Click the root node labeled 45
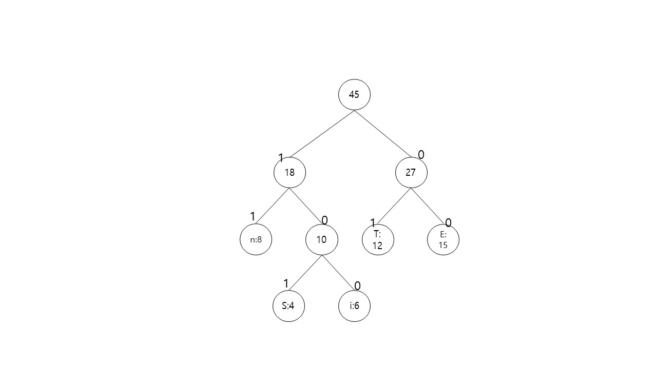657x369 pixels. [x=354, y=95]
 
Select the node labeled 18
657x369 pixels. [x=289, y=173]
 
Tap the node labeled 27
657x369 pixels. [x=411, y=173]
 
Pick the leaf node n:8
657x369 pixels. [x=256, y=239]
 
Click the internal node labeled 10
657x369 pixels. [x=322, y=239]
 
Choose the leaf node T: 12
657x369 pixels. [x=378, y=239]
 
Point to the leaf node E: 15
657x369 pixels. [x=443, y=239]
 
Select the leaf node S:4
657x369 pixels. [x=288, y=306]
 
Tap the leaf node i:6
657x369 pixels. [x=355, y=306]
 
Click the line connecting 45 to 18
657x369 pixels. [x=322, y=133]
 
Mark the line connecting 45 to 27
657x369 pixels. [x=382, y=133]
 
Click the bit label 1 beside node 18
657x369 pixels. [x=281, y=158]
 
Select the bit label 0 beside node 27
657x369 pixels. [x=421, y=154]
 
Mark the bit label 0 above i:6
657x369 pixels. [x=357, y=286]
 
